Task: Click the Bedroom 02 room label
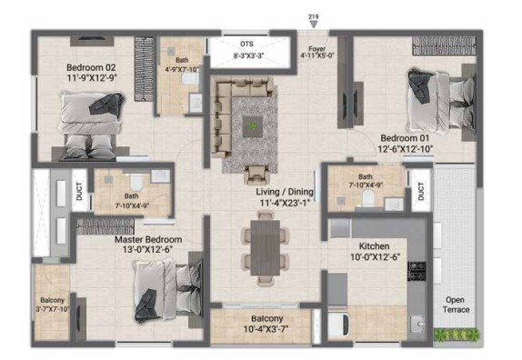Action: click(91, 67)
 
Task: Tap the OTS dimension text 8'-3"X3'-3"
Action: click(248, 55)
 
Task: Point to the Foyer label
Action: click(316, 48)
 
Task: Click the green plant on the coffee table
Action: click(253, 126)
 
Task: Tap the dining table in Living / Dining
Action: click(266, 248)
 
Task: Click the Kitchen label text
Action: click(374, 246)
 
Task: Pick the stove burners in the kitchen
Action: click(417, 271)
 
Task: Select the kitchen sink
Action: click(417, 324)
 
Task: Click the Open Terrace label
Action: click(456, 305)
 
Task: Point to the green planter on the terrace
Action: click(457, 334)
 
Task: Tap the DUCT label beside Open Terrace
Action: click(421, 191)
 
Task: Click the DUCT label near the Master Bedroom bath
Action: click(79, 191)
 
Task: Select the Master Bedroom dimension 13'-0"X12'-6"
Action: click(148, 249)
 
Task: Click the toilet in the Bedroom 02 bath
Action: click(190, 78)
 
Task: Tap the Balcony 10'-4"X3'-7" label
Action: click(266, 324)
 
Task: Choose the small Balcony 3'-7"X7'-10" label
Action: click(52, 305)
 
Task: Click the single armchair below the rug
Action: click(256, 174)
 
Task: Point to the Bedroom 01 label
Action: click(405, 138)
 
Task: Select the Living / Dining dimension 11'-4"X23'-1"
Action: click(285, 203)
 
